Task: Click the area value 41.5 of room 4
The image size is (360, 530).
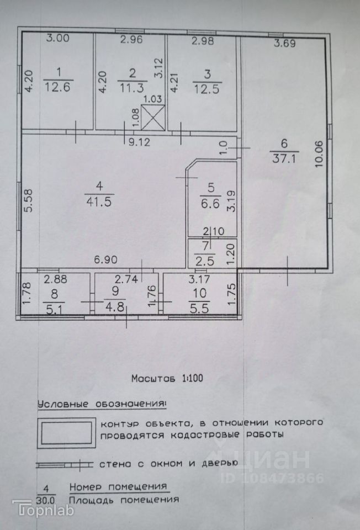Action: pyautogui.click(x=99, y=202)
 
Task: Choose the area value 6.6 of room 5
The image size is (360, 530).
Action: pyautogui.click(x=209, y=203)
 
